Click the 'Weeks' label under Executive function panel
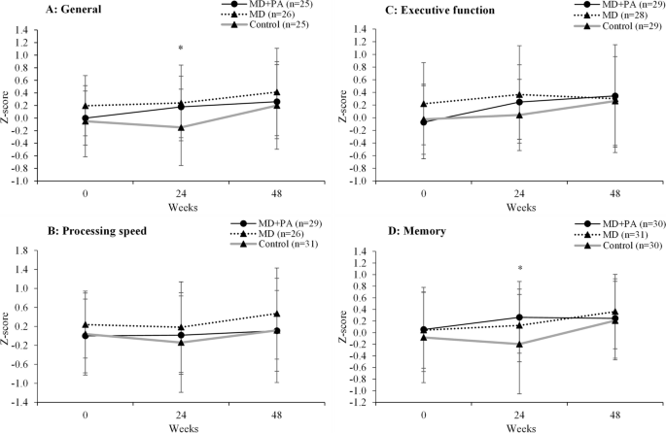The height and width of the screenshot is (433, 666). pos(520,207)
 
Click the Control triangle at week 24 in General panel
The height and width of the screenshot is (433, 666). pos(180,127)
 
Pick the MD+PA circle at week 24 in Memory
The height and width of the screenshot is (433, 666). pos(521,317)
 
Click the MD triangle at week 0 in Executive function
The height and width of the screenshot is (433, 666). pos(424,104)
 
